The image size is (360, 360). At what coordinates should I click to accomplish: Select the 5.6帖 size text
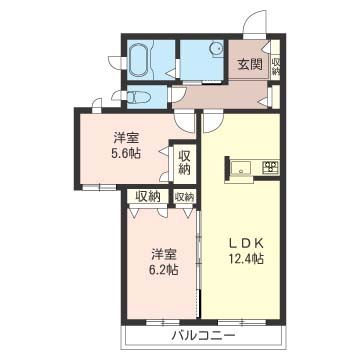click(126, 155)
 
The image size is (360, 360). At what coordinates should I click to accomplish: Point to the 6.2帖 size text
click(165, 270)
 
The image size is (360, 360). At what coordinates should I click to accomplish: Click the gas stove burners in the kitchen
click(267, 166)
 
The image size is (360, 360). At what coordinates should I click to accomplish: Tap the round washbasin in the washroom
click(214, 52)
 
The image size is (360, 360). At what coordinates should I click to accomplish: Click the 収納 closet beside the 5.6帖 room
click(184, 163)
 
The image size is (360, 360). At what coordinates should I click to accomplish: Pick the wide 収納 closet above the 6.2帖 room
click(149, 197)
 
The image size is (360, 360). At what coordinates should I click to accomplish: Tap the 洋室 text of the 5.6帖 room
click(126, 138)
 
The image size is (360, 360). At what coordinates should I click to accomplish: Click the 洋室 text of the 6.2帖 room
click(165, 253)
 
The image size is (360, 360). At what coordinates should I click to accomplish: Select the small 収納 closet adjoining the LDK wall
click(185, 197)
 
